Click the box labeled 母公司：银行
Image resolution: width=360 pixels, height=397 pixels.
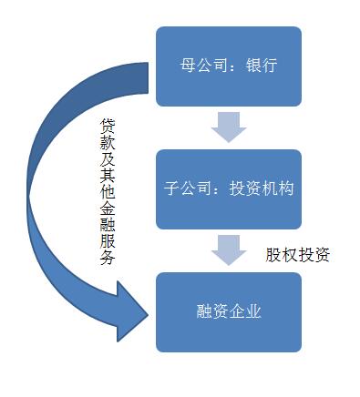click(228, 66)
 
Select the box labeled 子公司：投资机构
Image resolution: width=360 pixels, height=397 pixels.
click(228, 189)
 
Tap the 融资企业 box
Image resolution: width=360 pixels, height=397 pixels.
click(228, 311)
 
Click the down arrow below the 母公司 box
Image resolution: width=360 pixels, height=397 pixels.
click(228, 127)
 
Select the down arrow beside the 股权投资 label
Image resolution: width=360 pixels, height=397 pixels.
click(228, 249)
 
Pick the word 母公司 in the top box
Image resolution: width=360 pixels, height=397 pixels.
click(201, 66)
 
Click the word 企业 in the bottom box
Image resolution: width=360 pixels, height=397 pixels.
click(245, 312)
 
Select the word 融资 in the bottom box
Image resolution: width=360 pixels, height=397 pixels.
click(211, 312)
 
